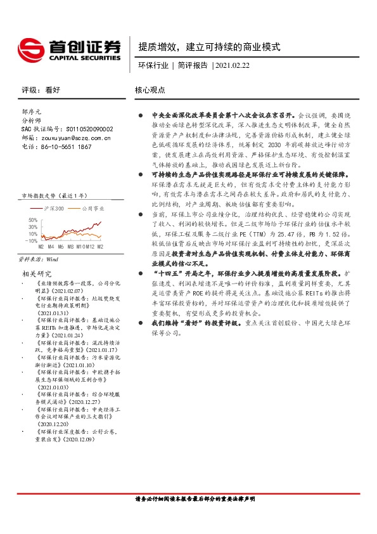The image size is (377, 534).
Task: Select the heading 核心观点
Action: (x=150, y=90)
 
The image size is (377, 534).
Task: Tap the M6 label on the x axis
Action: (x=61, y=247)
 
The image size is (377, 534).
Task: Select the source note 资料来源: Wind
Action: (x=40, y=259)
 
